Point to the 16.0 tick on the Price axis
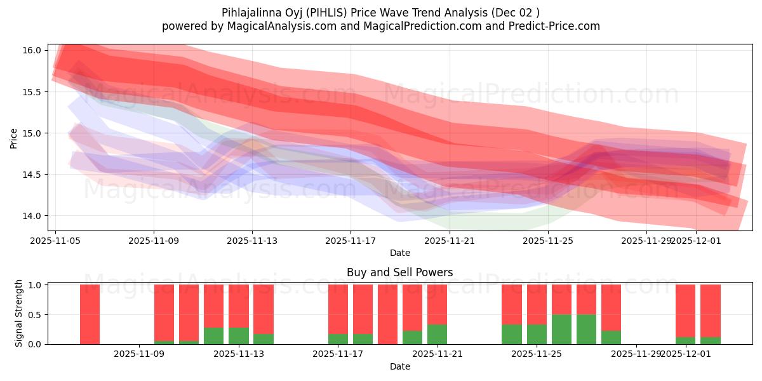[x=35, y=50]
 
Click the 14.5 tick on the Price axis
[x=35, y=175]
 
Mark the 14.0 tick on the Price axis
[x=35, y=216]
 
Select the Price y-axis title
[x=14, y=138]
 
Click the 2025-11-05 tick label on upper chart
[x=55, y=241]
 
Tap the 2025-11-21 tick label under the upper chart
[x=450, y=241]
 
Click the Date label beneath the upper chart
[x=400, y=253]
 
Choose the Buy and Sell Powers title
[x=400, y=272]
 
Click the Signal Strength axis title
[x=19, y=313]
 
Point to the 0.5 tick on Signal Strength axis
[x=35, y=314]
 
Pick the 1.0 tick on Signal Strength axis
[x=35, y=285]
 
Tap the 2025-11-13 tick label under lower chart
[x=238, y=354]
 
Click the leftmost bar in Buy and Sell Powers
[x=90, y=314]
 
